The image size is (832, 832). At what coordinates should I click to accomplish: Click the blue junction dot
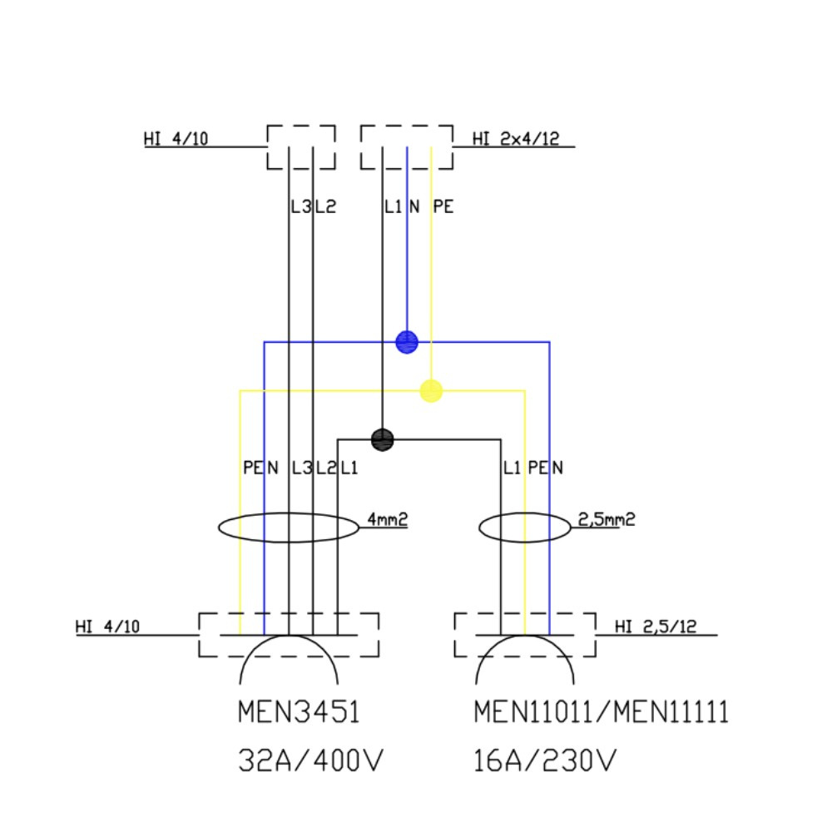coord(406,341)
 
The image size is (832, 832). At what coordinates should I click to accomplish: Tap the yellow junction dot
coord(431,390)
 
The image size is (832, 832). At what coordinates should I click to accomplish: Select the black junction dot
coord(382,439)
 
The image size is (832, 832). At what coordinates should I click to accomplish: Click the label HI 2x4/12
coord(515,139)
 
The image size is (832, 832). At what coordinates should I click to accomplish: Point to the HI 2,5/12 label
coord(656,627)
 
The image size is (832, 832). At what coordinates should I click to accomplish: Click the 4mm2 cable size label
coord(387,520)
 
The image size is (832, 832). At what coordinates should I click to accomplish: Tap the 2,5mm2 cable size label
coord(607,520)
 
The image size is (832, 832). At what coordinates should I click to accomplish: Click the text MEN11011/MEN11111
coord(601,713)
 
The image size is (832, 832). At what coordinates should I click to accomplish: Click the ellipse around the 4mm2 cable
coord(289,527)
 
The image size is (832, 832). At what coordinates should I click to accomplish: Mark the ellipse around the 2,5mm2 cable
coord(525,527)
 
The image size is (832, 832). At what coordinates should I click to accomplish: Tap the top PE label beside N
coord(443,207)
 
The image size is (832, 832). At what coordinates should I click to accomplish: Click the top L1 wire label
coord(393,207)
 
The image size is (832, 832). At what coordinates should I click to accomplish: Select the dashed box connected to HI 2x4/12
coord(406,147)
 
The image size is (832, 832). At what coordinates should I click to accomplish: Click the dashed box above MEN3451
coord(289,635)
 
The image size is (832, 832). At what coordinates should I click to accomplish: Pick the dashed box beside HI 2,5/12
coord(525,635)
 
